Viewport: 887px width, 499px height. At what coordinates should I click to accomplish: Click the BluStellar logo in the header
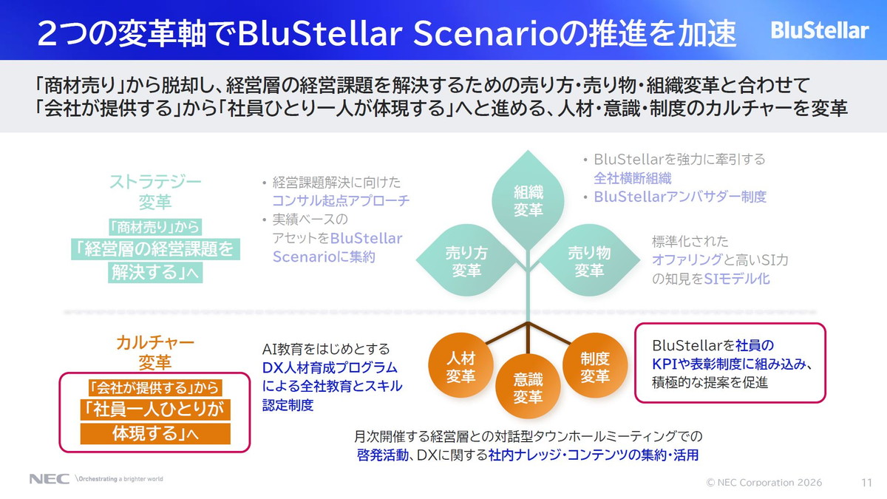click(819, 30)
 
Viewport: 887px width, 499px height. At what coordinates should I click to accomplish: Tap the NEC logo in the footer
click(50, 479)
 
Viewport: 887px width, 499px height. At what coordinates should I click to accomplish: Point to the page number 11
click(866, 482)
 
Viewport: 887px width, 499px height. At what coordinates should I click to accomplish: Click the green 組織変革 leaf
click(528, 200)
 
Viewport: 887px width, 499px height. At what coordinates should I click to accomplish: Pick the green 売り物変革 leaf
click(589, 261)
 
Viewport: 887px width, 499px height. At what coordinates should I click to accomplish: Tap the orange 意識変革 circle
click(528, 387)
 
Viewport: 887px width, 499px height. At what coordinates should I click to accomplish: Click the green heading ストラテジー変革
click(155, 191)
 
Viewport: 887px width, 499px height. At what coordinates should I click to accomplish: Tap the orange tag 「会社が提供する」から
click(154, 387)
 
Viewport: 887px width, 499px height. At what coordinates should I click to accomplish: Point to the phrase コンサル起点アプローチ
click(341, 200)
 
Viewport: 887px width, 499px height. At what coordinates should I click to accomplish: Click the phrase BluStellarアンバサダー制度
click(680, 197)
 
